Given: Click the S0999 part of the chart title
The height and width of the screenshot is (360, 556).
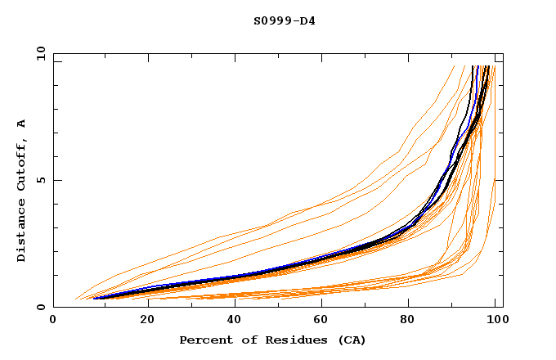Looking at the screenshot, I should click(270, 20).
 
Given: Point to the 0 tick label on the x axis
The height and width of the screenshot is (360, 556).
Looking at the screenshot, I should click(53, 322).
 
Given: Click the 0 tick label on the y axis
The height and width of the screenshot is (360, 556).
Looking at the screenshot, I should click(41, 308).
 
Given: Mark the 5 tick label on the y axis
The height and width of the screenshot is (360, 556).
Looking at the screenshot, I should click(41, 180).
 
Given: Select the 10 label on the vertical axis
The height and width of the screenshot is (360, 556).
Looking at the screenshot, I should click(38, 53).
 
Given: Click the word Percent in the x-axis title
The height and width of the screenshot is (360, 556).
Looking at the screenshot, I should click(203, 340).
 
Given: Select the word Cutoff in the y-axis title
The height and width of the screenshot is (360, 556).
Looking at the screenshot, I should click(21, 168).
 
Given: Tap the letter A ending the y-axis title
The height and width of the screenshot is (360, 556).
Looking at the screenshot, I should click(21, 124).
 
